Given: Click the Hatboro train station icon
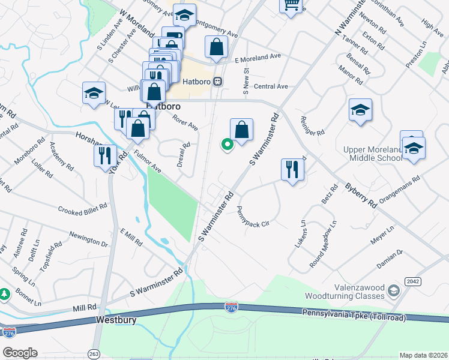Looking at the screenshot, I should [x=218, y=80].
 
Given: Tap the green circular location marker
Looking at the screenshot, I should [x=228, y=144].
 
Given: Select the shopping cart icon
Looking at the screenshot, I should [x=291, y=5].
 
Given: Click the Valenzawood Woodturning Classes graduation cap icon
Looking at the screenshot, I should [x=394, y=291].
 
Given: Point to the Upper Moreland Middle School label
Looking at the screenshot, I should [x=372, y=154].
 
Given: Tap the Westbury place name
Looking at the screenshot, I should [x=116, y=320].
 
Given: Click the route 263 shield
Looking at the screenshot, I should [x=94, y=353].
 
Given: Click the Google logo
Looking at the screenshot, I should [x=20, y=353].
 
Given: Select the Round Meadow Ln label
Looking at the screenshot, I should [x=323, y=244].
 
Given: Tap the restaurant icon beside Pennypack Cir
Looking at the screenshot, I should [x=292, y=169].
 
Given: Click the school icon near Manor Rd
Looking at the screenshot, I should [x=360, y=110].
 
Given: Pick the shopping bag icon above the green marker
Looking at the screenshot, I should [x=241, y=130].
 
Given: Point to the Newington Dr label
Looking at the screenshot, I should [x=88, y=240].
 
